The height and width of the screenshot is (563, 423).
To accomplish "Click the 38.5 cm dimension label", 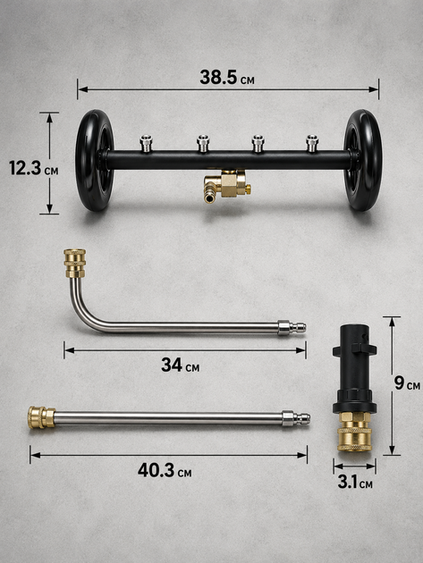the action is point(227,77).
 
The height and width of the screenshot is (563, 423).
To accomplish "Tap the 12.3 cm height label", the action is point(33,168).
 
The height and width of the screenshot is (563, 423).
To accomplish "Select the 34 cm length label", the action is point(180,365).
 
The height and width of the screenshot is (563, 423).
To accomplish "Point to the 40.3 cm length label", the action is point(165,470).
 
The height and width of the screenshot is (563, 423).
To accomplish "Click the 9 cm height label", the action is point(407,382).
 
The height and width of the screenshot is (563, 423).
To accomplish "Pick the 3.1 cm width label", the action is point(355,482).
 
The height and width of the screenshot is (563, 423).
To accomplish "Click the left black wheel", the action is point(95,160).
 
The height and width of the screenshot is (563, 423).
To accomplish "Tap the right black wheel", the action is point(363,160).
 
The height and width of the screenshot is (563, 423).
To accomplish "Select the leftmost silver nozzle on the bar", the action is point(146,143).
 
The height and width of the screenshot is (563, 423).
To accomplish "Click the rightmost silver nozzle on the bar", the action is point(311,143).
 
